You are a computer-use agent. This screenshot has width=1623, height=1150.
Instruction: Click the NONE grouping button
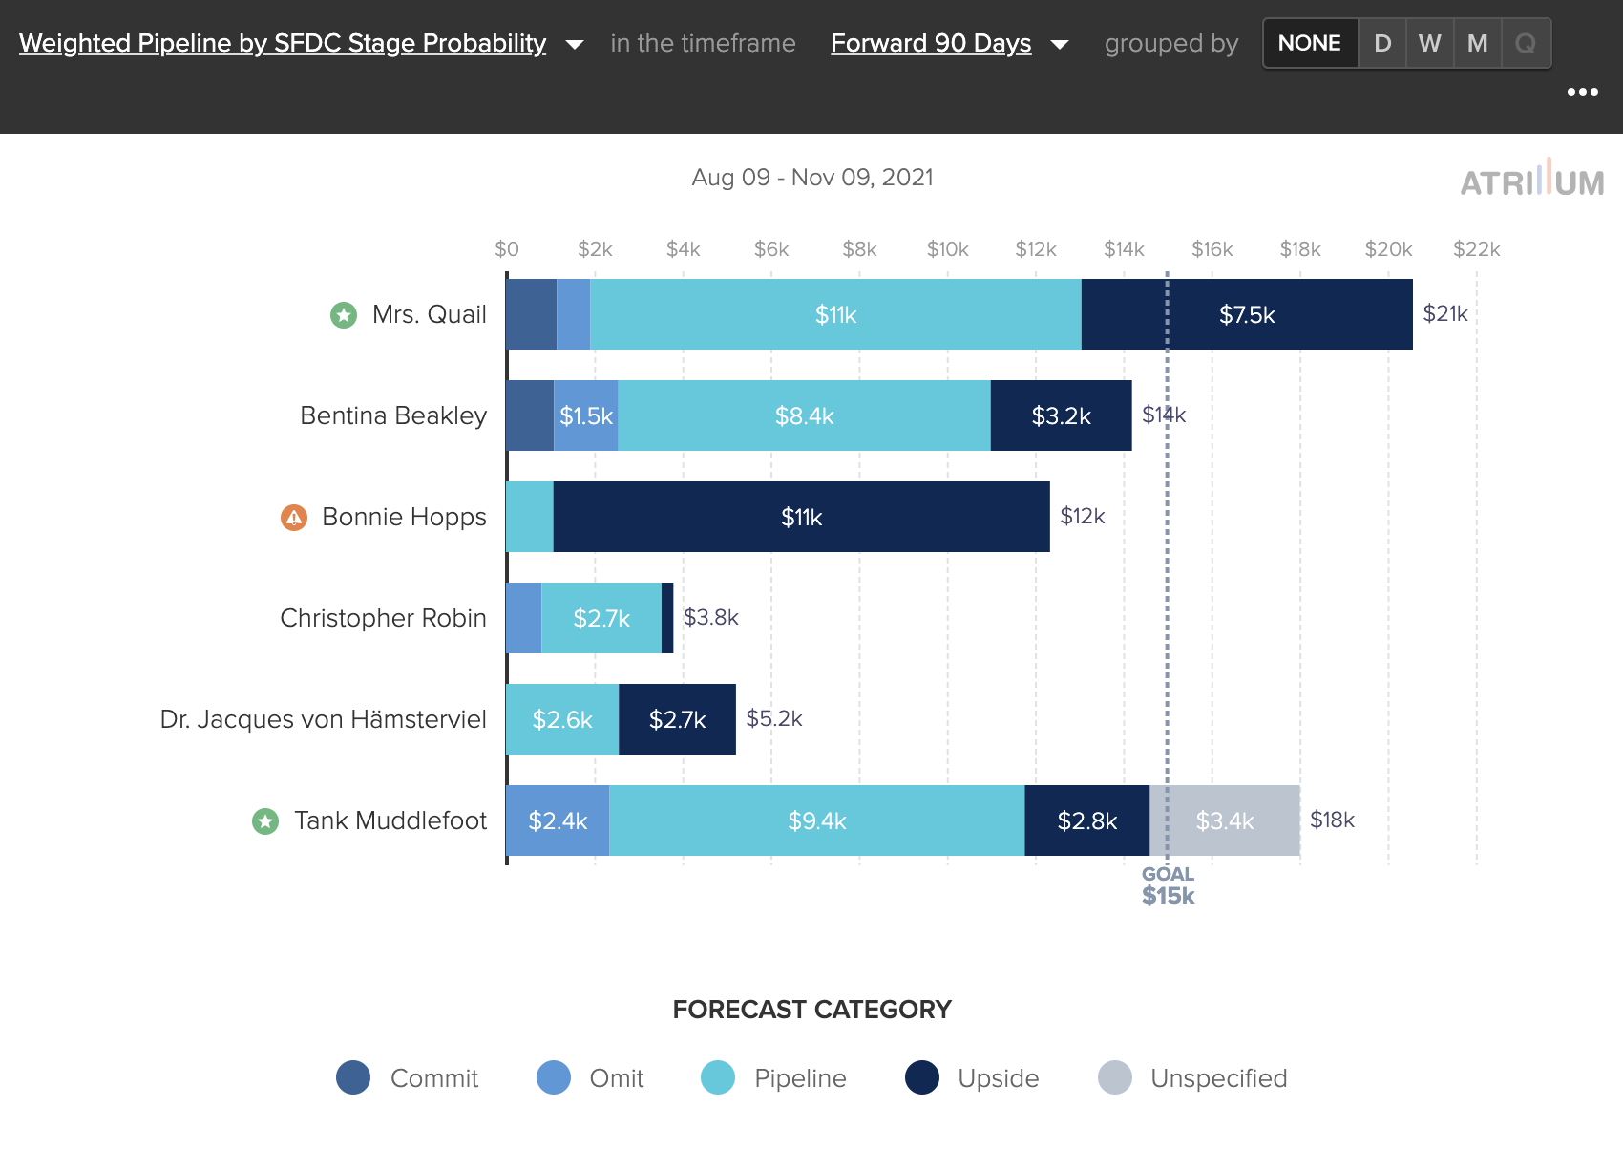pos(1310,43)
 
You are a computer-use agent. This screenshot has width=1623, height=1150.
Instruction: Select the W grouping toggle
pos(1429,43)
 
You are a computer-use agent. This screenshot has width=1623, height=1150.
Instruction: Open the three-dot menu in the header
pos(1582,92)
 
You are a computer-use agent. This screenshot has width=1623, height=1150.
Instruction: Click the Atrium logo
pos(1531,180)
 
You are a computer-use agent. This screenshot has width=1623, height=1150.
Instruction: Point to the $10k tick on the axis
pos(947,249)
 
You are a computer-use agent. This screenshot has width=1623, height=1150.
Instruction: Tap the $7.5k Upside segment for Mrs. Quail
pos(1247,314)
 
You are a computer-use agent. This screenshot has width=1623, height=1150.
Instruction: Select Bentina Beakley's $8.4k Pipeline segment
pos(804,415)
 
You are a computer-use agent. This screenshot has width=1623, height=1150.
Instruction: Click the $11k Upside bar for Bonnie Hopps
pos(801,517)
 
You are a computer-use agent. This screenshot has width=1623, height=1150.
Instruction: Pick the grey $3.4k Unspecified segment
pos(1225,820)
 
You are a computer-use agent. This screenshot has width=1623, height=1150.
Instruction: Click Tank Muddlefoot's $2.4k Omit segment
pos(558,820)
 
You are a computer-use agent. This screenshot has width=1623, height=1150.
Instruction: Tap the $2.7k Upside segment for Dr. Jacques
pos(677,719)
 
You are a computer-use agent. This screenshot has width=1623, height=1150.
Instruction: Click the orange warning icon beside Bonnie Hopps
pos(294,517)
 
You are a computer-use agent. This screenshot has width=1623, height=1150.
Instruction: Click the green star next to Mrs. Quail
pos(344,314)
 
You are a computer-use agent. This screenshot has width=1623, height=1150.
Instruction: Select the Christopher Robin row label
pos(383,618)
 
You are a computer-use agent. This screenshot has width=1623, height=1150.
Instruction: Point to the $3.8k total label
pos(710,617)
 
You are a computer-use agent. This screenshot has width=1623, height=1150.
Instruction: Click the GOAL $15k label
pos(1168,885)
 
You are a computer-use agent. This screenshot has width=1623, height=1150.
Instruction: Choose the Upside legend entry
pos(972,1077)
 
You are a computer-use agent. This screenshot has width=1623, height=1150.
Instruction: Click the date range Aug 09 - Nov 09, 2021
pos(811,178)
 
